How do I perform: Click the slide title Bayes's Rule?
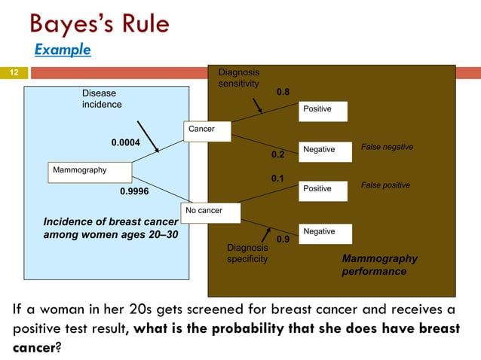click(x=99, y=24)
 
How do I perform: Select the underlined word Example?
click(x=63, y=50)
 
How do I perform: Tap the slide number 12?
click(x=14, y=73)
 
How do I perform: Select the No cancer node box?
click(x=210, y=211)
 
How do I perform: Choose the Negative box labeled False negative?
click(x=325, y=150)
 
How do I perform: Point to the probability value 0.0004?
click(x=126, y=142)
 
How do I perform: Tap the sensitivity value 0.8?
click(x=283, y=92)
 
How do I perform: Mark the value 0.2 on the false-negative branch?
click(x=277, y=154)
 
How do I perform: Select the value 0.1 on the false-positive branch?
click(x=277, y=179)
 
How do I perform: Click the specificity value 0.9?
click(x=283, y=239)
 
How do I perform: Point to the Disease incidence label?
click(x=102, y=99)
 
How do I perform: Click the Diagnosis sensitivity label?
click(x=239, y=78)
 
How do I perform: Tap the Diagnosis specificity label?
click(x=247, y=253)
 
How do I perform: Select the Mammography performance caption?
click(x=379, y=264)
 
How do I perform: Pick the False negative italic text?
click(x=388, y=147)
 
